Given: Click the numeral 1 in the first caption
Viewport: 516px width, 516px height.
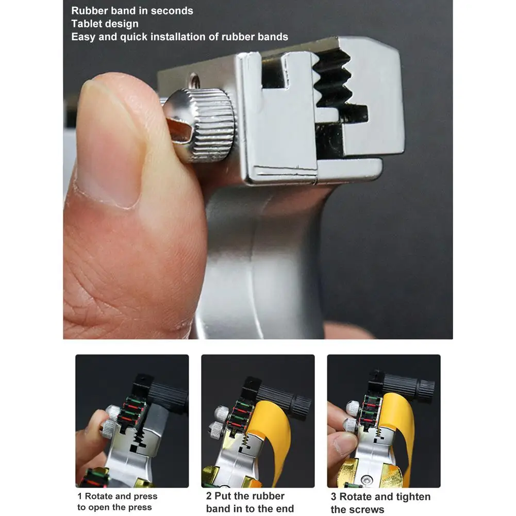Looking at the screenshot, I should pos(80,496).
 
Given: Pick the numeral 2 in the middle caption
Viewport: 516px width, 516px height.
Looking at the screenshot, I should pos(209,496).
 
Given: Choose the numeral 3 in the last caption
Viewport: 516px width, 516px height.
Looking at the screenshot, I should pos(334,497).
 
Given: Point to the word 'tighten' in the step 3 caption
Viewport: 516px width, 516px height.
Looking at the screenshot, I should pos(412,497).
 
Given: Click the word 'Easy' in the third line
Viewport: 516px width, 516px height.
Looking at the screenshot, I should pos(83,37).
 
